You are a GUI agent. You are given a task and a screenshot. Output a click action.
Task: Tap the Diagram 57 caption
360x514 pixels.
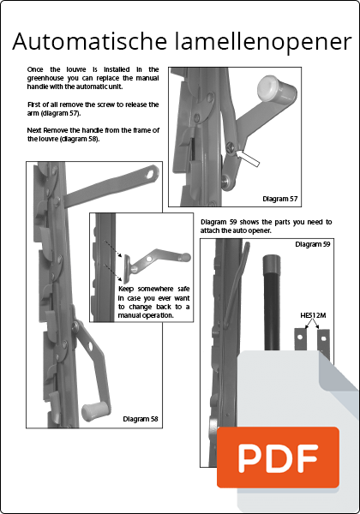click(280, 199)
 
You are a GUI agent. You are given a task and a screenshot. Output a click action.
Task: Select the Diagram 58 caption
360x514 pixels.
click(141, 419)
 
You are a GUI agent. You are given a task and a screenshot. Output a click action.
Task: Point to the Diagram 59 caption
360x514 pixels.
click(313, 244)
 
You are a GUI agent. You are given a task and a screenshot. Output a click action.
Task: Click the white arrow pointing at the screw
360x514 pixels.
click(248, 158)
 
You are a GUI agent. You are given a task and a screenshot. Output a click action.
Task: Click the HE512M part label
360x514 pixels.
click(313, 315)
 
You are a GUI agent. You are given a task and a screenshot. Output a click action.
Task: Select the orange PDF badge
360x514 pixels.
click(278, 457)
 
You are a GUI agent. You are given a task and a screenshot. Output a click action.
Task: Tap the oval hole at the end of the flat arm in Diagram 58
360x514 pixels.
click(152, 173)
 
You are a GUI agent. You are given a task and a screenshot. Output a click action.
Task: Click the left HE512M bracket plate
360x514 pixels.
click(300, 339)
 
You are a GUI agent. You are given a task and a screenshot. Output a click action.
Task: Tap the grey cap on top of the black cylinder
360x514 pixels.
click(272, 262)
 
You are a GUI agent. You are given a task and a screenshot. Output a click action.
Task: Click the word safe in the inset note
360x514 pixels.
click(183, 289)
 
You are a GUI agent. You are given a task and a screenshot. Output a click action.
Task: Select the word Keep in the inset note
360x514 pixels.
click(126, 289)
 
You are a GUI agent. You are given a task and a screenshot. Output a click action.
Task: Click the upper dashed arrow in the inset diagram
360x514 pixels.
click(113, 248)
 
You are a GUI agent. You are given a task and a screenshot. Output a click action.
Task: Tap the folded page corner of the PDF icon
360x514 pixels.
click(338, 371)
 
